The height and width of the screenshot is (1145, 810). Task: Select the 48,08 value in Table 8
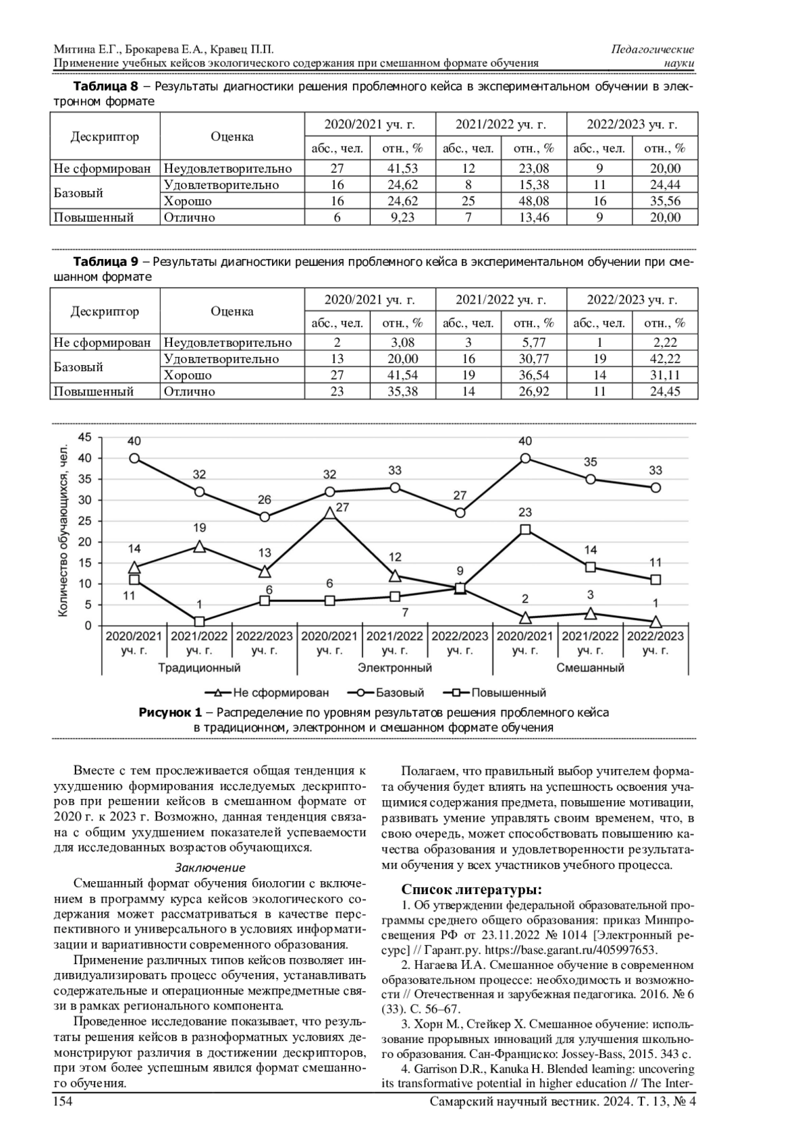point(533,201)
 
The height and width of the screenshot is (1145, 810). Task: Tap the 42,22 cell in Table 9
point(665,359)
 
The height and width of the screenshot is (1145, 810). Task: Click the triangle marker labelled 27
point(329,513)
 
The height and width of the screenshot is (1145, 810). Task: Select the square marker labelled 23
point(525,530)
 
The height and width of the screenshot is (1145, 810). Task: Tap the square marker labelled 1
point(199,621)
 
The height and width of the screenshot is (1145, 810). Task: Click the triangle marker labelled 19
point(199,547)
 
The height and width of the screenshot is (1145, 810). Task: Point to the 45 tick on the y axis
point(84,437)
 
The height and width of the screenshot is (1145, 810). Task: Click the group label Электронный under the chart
point(395,668)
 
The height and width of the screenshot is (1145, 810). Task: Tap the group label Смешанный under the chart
point(590,668)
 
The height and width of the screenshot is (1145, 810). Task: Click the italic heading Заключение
point(210,868)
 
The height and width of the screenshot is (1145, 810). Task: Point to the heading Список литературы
point(472,889)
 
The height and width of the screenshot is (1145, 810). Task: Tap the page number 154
point(62,1102)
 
